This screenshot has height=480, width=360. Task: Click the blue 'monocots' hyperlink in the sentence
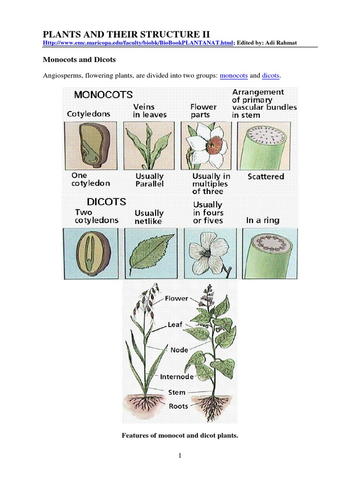[x=234, y=75]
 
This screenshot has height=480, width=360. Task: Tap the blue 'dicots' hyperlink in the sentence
[x=271, y=75]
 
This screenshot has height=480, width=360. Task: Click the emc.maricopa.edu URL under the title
[x=138, y=43]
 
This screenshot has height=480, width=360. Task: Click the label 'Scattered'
[x=265, y=177]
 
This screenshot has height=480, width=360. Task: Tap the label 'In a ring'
[x=262, y=220]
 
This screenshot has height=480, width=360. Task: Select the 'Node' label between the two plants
[x=179, y=350]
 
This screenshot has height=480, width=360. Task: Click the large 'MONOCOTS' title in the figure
[x=103, y=95]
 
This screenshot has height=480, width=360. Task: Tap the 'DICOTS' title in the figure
[x=106, y=202]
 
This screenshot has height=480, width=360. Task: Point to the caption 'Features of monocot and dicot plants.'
[x=180, y=436]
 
